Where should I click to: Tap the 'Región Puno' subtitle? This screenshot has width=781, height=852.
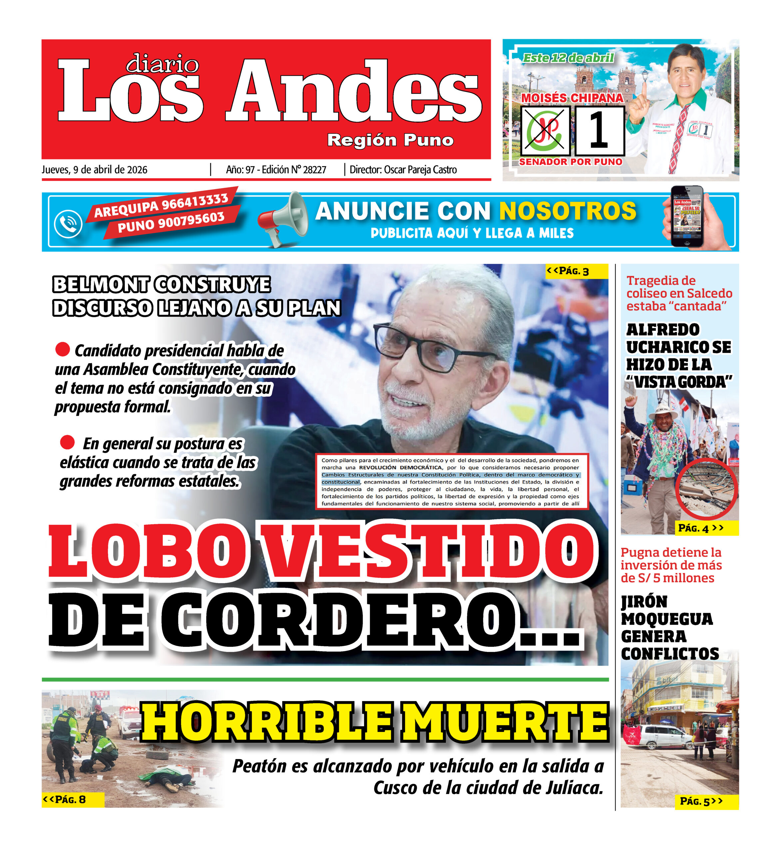390,140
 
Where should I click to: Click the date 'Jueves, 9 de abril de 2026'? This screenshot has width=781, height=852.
94,170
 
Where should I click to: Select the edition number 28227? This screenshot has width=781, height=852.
314,170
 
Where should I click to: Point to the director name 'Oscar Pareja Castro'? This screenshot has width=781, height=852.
420,170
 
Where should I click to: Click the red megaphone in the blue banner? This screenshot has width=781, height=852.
282,219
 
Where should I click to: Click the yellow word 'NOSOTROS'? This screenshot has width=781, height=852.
568,211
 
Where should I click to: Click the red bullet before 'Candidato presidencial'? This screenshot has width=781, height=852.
63,349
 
